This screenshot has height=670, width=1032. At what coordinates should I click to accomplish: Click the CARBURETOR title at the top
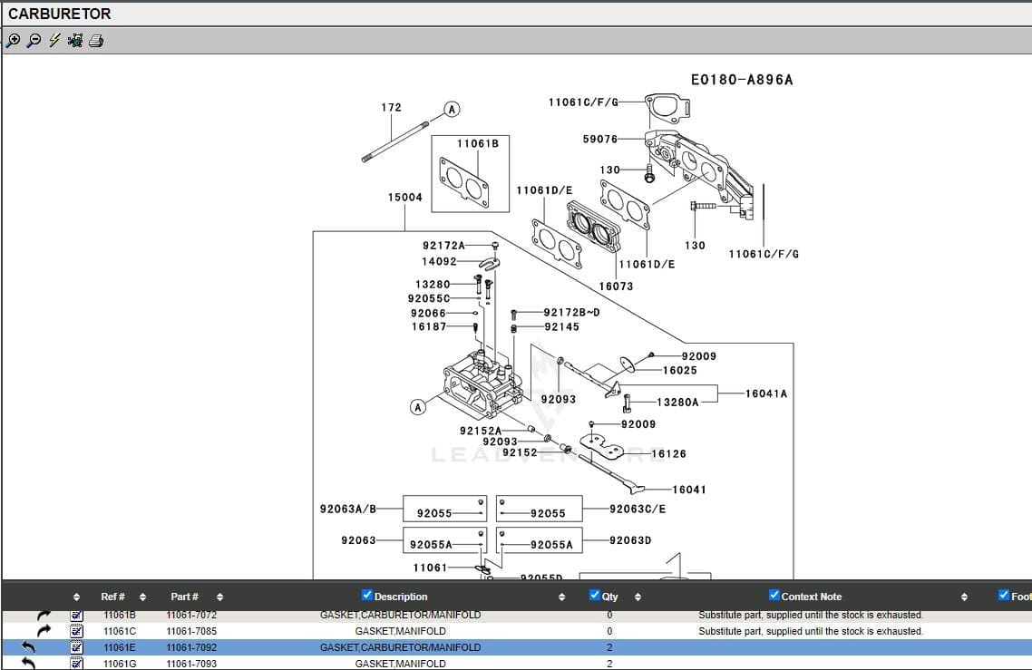[59, 14]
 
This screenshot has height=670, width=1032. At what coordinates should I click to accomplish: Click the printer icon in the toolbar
[96, 41]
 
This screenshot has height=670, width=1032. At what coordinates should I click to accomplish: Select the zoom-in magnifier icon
[13, 41]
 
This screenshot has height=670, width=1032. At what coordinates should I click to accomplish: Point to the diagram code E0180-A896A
[741, 80]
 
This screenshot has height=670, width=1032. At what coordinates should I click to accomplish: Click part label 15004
[404, 197]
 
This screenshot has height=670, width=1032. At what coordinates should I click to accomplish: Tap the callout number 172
[391, 107]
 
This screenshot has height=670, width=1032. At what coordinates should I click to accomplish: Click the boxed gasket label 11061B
[477, 143]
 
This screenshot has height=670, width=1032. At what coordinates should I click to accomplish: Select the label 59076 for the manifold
[599, 139]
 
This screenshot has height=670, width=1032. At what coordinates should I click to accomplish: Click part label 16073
[616, 286]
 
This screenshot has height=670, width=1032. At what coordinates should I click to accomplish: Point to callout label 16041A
[766, 393]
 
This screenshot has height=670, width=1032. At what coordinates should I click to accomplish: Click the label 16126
[668, 453]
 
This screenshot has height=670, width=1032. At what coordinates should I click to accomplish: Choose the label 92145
[561, 326]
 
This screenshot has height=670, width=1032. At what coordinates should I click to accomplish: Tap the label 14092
[439, 261]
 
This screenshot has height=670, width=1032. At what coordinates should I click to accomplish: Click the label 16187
[429, 326]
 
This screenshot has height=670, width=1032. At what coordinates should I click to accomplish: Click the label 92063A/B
[347, 510]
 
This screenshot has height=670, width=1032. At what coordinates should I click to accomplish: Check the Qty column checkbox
[595, 596]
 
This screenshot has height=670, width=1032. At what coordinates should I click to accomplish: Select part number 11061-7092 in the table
[191, 647]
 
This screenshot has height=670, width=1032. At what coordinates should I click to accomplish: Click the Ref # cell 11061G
[120, 664]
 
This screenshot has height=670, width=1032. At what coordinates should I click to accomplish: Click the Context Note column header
[811, 597]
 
